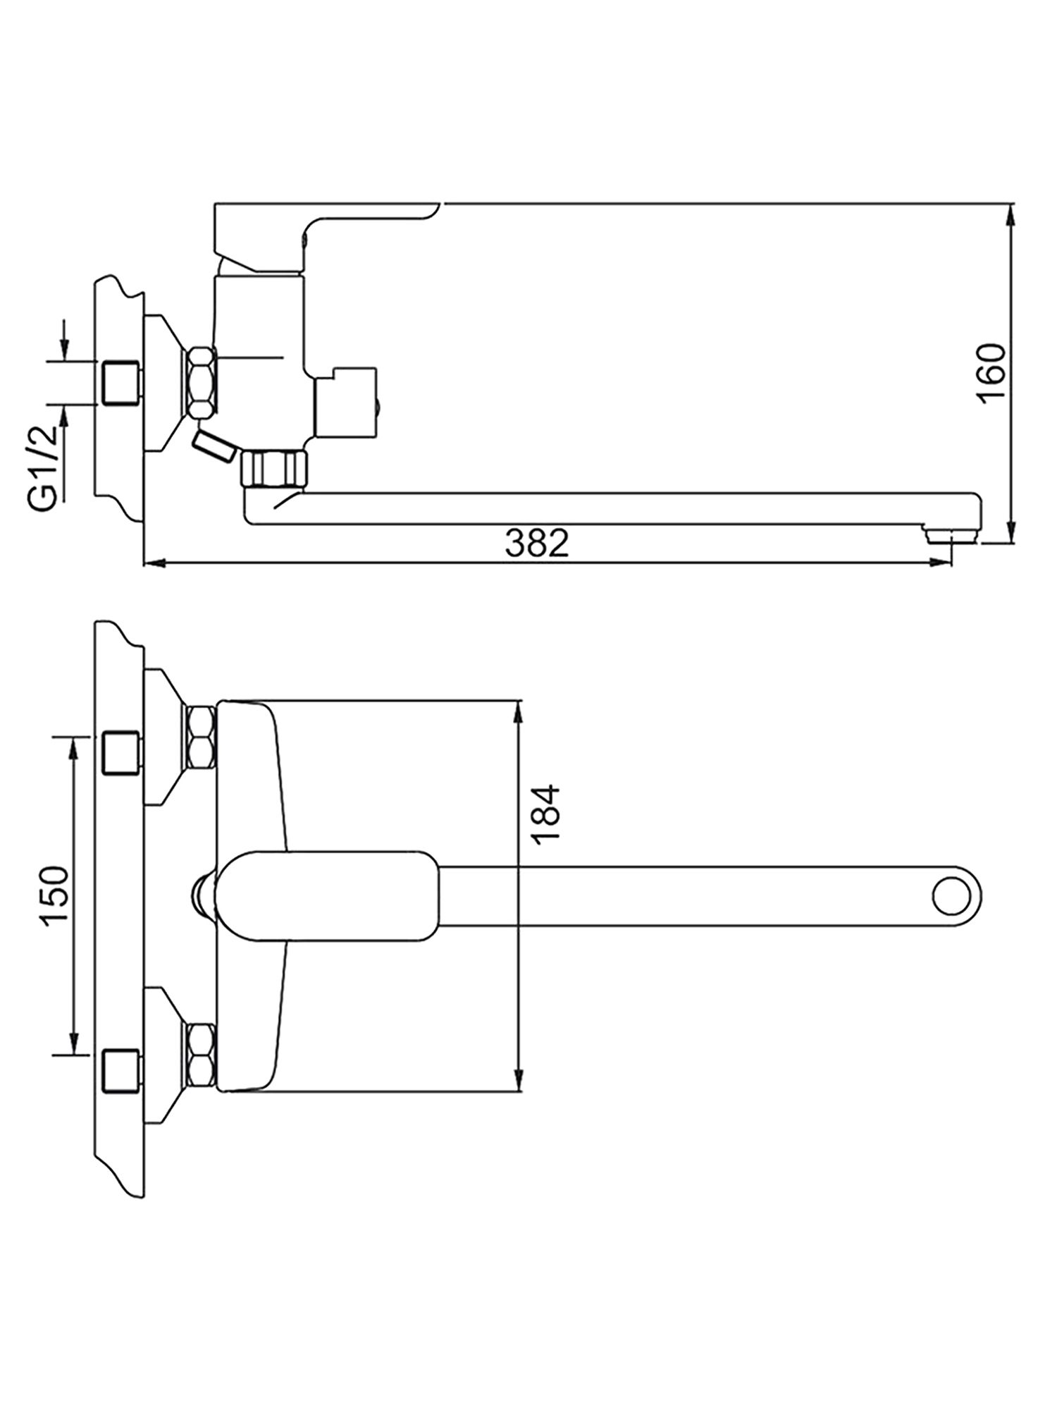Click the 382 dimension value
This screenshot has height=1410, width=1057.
click(x=536, y=544)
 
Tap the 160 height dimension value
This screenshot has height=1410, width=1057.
click(x=991, y=374)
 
